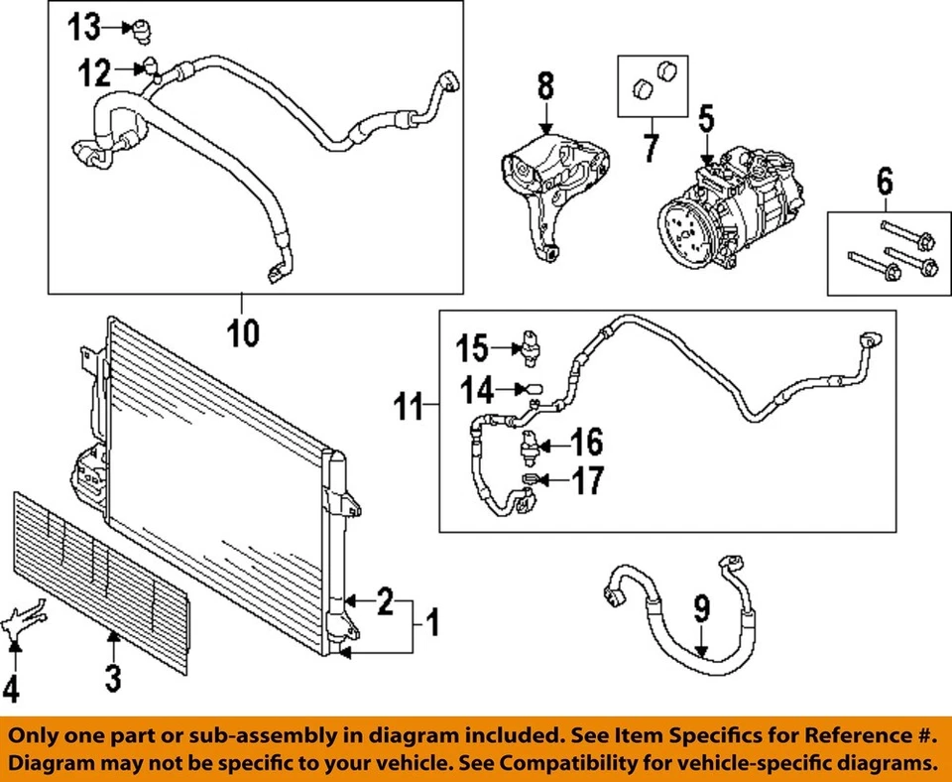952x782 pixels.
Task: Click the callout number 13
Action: (83, 28)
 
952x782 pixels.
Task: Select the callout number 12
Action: (95, 72)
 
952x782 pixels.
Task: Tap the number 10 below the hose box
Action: (244, 333)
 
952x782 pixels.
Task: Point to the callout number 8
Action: (545, 86)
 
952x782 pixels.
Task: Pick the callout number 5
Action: (706, 119)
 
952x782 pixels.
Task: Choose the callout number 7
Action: (651, 148)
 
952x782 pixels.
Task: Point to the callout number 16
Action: (587, 442)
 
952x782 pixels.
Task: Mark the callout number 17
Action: (588, 480)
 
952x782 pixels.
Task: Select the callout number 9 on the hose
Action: (701, 609)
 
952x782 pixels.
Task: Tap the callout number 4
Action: (11, 690)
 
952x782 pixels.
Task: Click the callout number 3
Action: (113, 678)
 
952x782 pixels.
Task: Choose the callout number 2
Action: (386, 601)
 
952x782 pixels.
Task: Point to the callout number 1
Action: (432, 623)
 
